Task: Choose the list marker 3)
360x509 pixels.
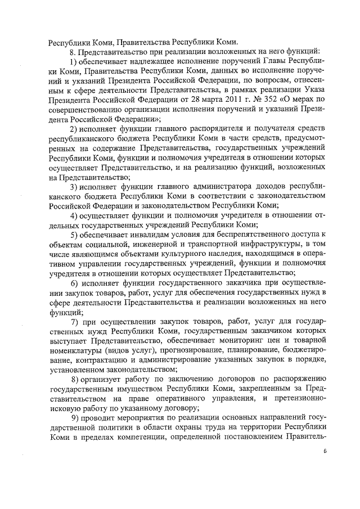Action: (74, 186)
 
